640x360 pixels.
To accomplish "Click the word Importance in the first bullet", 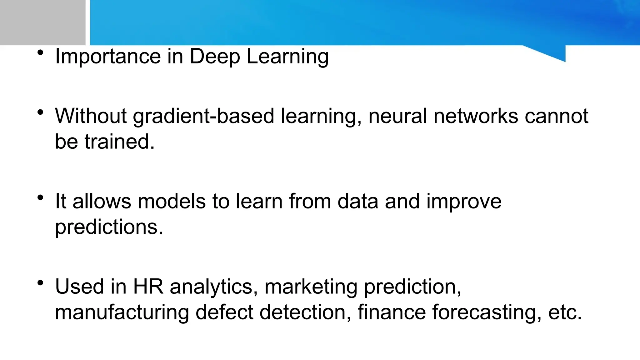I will tap(108, 57).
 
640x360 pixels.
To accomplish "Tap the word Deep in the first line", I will tap(215, 57).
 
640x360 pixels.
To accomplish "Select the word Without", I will tap(91, 116).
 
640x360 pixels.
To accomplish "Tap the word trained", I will tap(119, 142).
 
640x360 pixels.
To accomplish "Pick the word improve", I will tap(464, 202).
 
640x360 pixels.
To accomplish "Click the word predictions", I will tap(109, 227).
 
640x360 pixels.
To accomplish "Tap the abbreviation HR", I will tap(148, 286).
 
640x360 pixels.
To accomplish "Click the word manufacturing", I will tap(122, 312).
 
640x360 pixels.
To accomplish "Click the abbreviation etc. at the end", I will tap(565, 312).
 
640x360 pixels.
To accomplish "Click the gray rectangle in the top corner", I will tap(42, 22).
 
